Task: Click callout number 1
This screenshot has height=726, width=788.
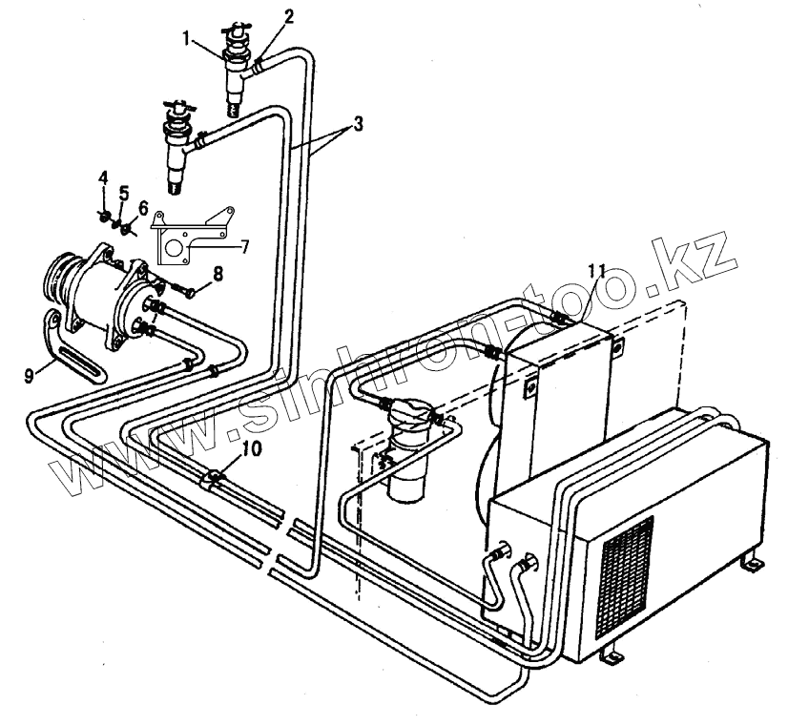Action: [189, 39]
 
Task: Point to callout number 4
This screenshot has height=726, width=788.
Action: [103, 176]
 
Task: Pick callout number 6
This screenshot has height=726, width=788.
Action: [143, 207]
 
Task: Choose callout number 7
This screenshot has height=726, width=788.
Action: [245, 246]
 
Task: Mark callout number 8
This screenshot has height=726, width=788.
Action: [218, 273]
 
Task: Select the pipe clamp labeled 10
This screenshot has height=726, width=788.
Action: [214, 475]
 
